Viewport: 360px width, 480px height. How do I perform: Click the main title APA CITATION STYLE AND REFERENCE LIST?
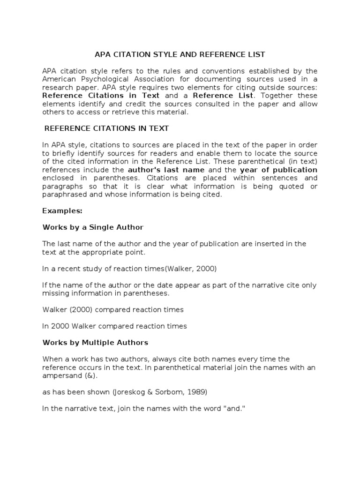(180, 55)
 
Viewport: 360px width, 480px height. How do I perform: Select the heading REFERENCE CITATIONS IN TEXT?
(106, 128)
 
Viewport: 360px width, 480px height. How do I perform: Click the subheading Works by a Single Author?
(93, 227)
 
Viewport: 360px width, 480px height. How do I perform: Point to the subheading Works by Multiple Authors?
(95, 343)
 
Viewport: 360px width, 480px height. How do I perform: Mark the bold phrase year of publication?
(278, 170)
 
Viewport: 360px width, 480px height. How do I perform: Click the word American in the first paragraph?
(58, 79)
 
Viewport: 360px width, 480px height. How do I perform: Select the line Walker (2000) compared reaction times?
(113, 310)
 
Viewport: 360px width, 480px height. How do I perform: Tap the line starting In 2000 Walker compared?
(114, 326)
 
